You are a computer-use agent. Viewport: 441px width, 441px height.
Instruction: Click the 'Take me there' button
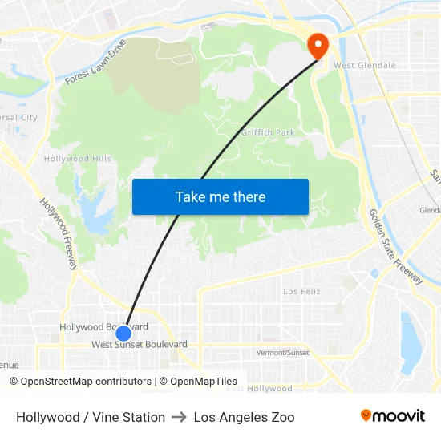click(x=220, y=196)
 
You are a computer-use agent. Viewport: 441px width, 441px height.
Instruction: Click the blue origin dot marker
click(x=123, y=334)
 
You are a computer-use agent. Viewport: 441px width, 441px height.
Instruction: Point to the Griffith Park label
click(x=268, y=132)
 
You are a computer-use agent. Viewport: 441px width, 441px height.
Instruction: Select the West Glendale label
click(x=365, y=66)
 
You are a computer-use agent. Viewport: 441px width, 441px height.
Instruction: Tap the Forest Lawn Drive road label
click(x=95, y=62)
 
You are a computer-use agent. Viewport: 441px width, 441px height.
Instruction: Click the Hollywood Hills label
click(x=78, y=159)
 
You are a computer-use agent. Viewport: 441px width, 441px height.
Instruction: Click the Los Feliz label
click(x=302, y=291)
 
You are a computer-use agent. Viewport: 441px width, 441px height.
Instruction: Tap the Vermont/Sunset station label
click(x=282, y=353)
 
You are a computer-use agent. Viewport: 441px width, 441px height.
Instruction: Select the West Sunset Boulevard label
click(x=140, y=345)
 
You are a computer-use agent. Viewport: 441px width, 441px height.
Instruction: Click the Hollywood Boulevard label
click(x=103, y=327)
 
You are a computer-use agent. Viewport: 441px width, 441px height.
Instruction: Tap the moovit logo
click(x=392, y=416)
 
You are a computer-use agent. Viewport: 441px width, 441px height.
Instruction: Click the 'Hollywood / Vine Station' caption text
click(x=91, y=417)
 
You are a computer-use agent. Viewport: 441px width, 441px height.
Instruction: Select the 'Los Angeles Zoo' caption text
click(x=244, y=417)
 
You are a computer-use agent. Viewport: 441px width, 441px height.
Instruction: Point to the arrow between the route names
click(x=180, y=417)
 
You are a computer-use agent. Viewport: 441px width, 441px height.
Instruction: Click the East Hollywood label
click(x=259, y=389)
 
